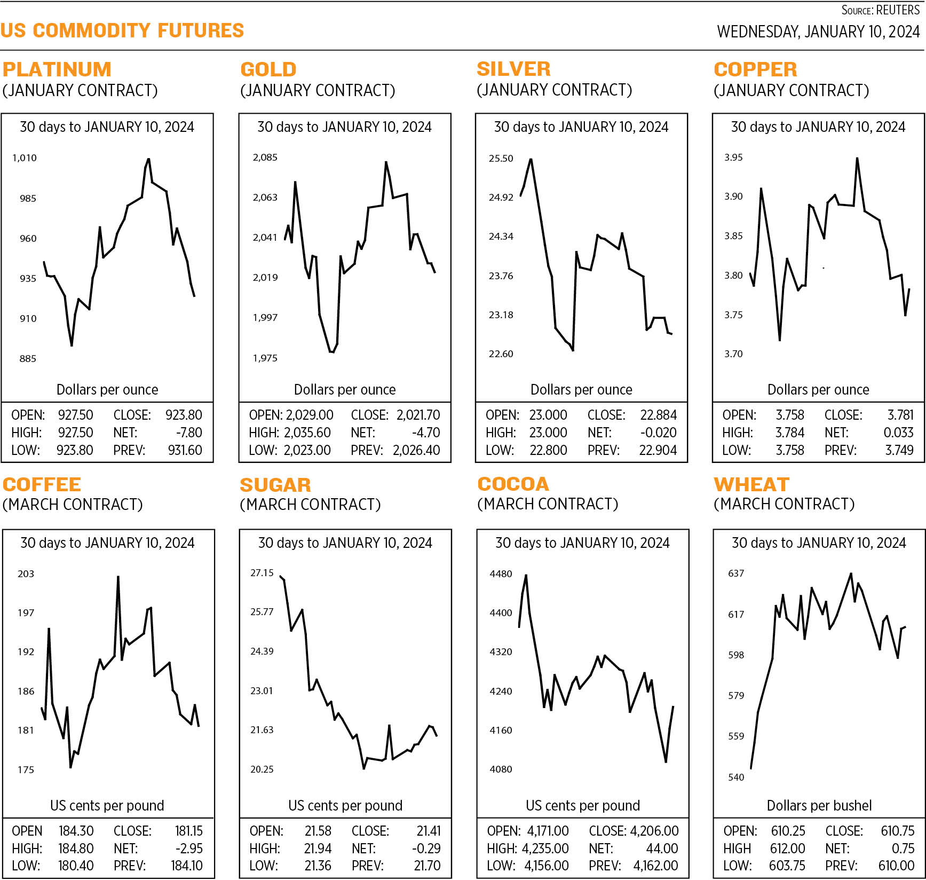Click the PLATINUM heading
coord(57,69)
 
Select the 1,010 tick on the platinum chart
coord(25,158)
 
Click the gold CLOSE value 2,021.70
coord(418,415)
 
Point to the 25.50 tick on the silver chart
coord(501,158)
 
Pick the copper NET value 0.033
coord(898,433)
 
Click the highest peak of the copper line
coord(857,159)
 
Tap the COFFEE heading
coord(42,484)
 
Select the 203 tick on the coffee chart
coord(26,573)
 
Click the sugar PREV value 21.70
coord(427,866)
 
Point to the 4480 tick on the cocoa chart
coord(501,573)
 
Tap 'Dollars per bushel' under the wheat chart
coord(819,805)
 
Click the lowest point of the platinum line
coord(72,345)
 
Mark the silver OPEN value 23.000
coord(548,415)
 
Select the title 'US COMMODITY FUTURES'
coord(122,30)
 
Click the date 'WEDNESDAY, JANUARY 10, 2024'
coord(818,32)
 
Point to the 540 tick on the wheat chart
coord(736,777)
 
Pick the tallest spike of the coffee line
coord(118,577)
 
